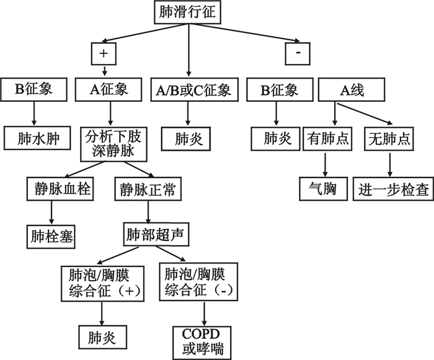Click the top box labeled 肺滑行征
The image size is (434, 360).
[x=189, y=11]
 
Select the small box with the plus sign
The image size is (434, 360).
[x=103, y=54]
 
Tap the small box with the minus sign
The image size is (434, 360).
[x=298, y=54]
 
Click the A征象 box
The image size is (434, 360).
[x=110, y=90]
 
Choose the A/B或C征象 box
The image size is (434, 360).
[x=190, y=90]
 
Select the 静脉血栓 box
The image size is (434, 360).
[x=60, y=189]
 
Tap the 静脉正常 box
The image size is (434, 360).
[x=148, y=189]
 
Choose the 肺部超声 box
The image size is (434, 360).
[x=154, y=235]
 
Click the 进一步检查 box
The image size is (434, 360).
[x=393, y=189]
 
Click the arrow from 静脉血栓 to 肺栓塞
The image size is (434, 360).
[x=51, y=212]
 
